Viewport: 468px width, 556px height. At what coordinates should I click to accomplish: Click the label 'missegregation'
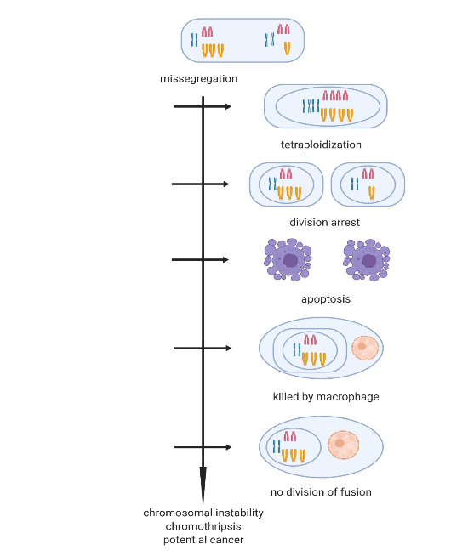pos(198,79)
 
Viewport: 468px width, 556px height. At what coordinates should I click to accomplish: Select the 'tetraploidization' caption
pos(321,145)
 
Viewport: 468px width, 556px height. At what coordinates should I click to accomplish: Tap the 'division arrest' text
pos(324,222)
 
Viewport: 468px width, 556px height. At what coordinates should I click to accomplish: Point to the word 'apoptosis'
pos(325,299)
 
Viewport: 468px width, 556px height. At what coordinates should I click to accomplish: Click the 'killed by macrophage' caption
pos(326,396)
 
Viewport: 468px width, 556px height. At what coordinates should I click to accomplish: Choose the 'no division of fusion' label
pos(321,491)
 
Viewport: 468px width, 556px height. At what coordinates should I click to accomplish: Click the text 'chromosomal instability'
pos(203,513)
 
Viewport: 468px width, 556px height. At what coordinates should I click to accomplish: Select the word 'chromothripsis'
pos(203,526)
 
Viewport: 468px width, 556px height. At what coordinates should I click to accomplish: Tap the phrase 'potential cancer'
pos(203,540)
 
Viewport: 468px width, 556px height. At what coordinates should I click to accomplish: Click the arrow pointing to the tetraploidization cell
pos(202,107)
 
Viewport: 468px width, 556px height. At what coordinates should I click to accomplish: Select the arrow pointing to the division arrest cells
pos(201,184)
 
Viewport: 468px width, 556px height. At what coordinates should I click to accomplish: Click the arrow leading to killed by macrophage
pos(203,348)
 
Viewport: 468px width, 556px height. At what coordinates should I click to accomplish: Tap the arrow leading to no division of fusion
pos(203,447)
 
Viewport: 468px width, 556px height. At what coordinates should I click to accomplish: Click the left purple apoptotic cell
pos(288,259)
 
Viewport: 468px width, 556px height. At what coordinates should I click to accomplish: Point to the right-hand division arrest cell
pos(368,184)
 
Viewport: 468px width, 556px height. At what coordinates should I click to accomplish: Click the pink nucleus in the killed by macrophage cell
pos(365,347)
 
